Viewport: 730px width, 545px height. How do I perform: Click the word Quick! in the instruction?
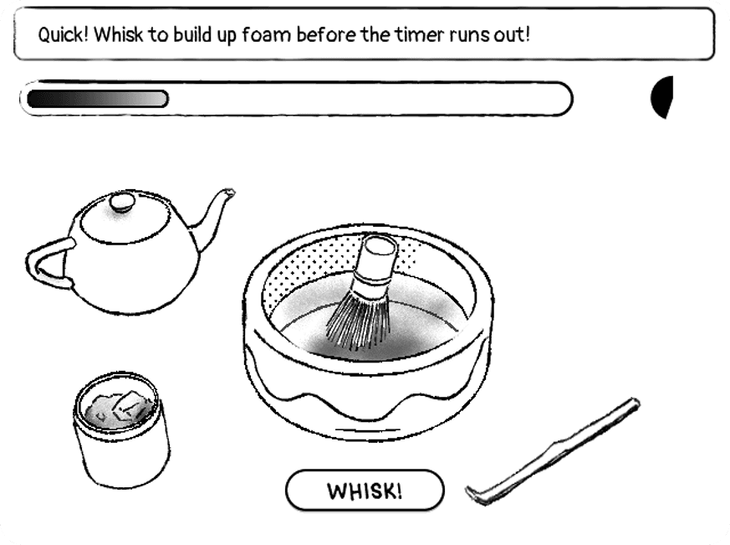[63, 35]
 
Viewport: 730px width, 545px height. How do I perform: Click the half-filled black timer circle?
[662, 97]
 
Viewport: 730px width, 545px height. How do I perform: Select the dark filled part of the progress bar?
[96, 99]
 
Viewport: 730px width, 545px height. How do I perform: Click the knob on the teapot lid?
[122, 201]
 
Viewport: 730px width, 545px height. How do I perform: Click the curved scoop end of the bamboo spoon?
[474, 494]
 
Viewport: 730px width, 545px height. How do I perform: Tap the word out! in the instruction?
[512, 35]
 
